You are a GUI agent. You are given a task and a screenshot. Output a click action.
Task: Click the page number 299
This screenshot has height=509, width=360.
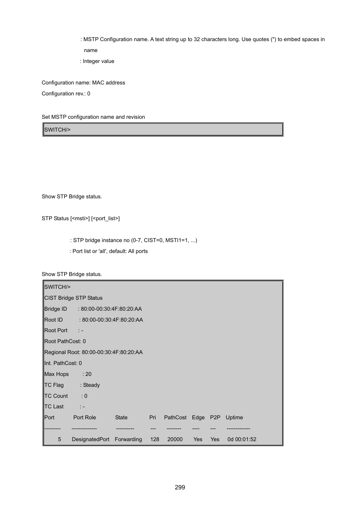(180, 487)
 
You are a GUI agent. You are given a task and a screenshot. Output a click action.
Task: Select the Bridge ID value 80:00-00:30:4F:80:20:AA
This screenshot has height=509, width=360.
(111, 309)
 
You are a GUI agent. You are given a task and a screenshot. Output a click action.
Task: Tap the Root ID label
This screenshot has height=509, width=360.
(54, 320)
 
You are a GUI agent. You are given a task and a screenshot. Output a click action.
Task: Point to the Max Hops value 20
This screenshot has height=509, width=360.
(88, 374)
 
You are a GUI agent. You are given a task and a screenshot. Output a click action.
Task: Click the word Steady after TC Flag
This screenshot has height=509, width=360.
(91, 385)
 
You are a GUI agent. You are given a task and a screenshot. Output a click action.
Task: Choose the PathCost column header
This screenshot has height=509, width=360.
(175, 417)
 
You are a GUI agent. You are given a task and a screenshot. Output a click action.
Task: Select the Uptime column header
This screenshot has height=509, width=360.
(234, 417)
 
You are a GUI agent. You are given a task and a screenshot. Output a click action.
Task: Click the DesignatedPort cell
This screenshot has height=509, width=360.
(91, 439)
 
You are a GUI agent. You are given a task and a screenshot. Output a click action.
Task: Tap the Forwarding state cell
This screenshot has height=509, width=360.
(128, 439)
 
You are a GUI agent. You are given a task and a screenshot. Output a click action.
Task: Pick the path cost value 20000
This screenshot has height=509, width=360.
(175, 439)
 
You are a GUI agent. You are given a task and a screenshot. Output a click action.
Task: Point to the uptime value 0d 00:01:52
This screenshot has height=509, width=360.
(242, 439)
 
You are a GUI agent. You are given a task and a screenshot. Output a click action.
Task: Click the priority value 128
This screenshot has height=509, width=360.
(155, 439)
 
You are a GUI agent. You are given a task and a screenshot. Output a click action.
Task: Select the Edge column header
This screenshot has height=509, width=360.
(198, 417)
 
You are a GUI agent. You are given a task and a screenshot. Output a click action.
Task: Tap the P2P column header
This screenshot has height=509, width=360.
(215, 417)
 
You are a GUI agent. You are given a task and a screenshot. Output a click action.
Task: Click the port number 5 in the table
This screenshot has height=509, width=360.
(59, 439)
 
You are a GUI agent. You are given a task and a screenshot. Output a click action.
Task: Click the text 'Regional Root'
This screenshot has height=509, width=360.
(62, 352)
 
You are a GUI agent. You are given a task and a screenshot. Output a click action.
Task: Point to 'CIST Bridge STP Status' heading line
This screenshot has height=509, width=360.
(73, 298)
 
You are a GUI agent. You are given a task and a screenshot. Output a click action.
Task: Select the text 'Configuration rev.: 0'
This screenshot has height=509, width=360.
(66, 94)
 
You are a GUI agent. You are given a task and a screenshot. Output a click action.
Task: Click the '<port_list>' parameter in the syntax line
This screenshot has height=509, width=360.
(106, 218)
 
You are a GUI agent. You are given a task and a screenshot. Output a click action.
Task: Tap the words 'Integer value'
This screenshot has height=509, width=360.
(98, 61)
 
